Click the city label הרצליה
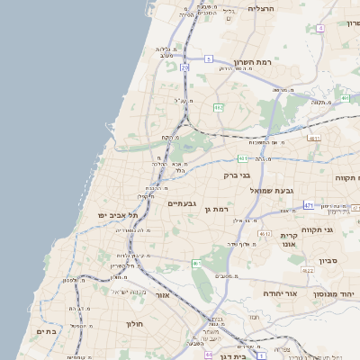[x=260, y=8]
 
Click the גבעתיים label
[x=182, y=203]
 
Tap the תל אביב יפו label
[x=119, y=216]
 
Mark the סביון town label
[x=328, y=259]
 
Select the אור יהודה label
[x=261, y=293]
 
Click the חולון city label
[x=135, y=323]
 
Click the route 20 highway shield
[x=184, y=67]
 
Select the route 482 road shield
[x=218, y=107]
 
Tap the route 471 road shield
[x=309, y=206]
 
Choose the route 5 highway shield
[x=208, y=58]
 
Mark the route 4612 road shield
[x=265, y=234]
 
